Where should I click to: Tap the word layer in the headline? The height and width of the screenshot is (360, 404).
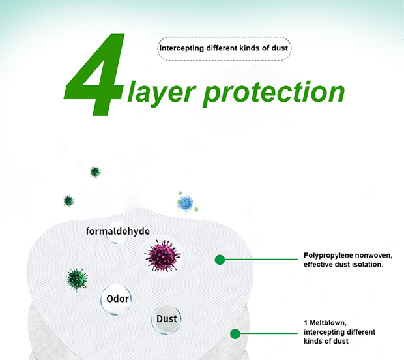click(x=162, y=93)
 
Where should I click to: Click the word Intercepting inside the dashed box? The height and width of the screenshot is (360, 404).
click(x=181, y=48)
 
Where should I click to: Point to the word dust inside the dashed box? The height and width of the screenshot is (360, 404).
click(x=280, y=48)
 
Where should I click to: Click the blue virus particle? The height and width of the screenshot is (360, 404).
click(x=185, y=203)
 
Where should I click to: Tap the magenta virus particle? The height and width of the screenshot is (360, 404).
click(x=163, y=256)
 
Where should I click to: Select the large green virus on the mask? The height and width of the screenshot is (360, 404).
click(x=76, y=279)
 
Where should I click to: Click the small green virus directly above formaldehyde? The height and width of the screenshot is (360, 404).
click(x=95, y=172)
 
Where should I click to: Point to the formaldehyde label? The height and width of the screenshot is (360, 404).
click(x=118, y=231)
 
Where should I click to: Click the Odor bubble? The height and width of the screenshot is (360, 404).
click(x=116, y=299)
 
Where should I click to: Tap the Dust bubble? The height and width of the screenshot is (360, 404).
click(x=166, y=320)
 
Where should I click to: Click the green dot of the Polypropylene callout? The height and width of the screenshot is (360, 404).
click(x=220, y=260)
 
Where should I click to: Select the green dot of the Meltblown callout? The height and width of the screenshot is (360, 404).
click(x=235, y=334)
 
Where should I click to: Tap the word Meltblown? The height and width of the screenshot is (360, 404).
click(x=328, y=323)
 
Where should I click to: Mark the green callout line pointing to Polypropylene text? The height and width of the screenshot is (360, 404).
click(x=261, y=260)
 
